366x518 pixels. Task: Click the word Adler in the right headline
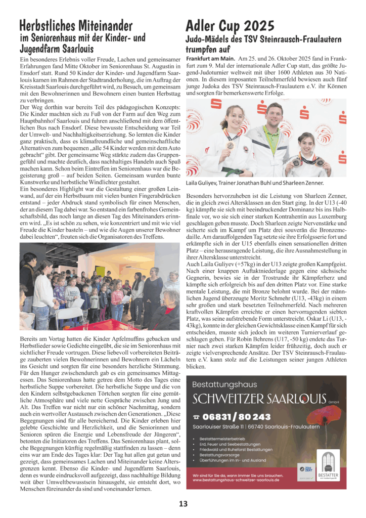203,25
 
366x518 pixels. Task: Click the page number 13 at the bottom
182,503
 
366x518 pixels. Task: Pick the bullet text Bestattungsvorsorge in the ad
220,455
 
